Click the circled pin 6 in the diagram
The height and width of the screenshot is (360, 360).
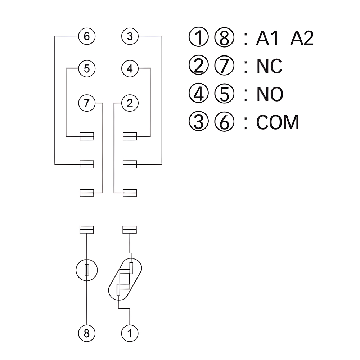pyautogui.click(x=86, y=36)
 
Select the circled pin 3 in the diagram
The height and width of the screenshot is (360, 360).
pyautogui.click(x=130, y=36)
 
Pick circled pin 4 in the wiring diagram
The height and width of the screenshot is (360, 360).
pyautogui.click(x=130, y=68)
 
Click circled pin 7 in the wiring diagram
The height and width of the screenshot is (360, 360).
pyautogui.click(x=86, y=103)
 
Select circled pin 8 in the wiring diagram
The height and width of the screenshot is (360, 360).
pyautogui.click(x=86, y=333)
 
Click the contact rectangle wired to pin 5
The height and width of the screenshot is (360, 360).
pyautogui.click(x=87, y=136)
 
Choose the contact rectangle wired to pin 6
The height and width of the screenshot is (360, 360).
pyautogui.click(x=87, y=164)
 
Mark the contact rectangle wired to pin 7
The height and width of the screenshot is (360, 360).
pyautogui.click(x=87, y=193)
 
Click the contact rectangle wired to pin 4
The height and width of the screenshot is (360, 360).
pyautogui.click(x=130, y=136)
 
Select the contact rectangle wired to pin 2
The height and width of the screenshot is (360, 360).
pyautogui.click(x=130, y=193)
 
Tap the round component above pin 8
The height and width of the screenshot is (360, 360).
pyautogui.click(x=87, y=270)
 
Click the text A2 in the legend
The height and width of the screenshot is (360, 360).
pyautogui.click(x=302, y=39)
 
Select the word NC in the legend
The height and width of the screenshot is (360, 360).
pyautogui.click(x=269, y=66)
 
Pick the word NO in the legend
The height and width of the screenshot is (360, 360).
pyautogui.click(x=270, y=94)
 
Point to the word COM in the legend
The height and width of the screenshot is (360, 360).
pyautogui.click(x=278, y=122)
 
